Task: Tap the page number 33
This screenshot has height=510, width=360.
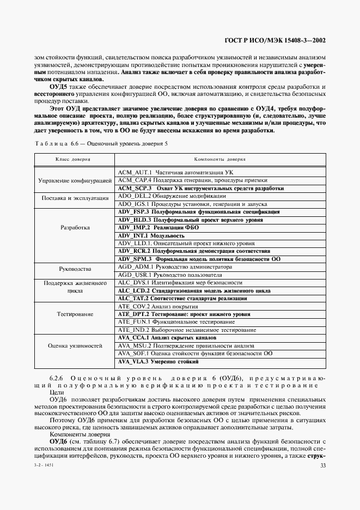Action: tap(322, 465)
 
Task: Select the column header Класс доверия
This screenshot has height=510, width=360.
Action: tap(73, 160)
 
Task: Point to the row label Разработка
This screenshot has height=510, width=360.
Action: tap(76, 228)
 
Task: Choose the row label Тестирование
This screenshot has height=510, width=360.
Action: tap(76, 314)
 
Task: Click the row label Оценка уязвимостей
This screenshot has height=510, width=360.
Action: tap(76, 345)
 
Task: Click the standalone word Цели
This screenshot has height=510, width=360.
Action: tap(57, 392)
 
